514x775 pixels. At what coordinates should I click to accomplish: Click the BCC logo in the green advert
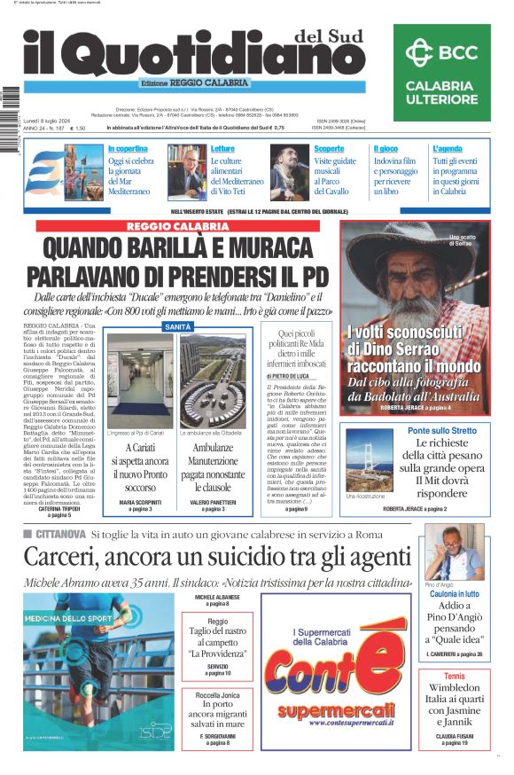coord(440,52)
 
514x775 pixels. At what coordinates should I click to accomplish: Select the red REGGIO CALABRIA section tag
coord(176,227)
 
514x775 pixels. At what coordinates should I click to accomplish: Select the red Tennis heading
coord(454,677)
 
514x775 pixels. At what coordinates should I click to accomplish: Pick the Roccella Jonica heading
coord(217,693)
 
